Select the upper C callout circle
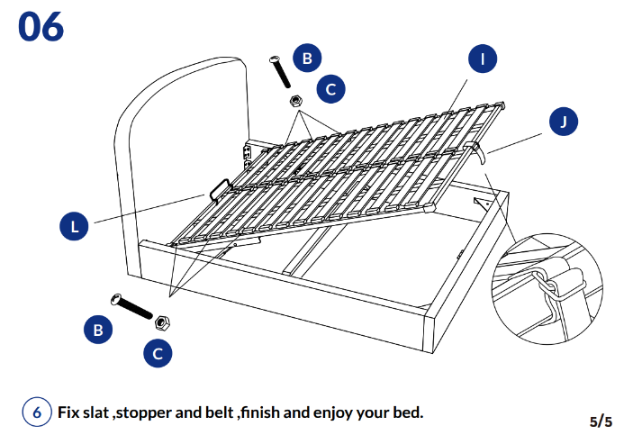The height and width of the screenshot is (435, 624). click(x=330, y=88)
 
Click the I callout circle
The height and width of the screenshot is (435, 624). click(x=484, y=59)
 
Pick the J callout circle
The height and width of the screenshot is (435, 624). click(x=565, y=122)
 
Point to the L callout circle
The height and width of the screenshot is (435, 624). click(x=76, y=227)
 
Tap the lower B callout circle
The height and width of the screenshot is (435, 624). click(x=98, y=330)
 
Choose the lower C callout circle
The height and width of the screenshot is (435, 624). click(x=158, y=353)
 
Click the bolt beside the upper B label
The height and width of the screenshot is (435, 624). click(x=279, y=71)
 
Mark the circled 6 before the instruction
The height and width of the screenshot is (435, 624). click(x=37, y=412)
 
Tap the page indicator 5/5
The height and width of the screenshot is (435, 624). click(x=601, y=421)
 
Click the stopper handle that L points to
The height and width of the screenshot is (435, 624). click(x=219, y=188)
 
